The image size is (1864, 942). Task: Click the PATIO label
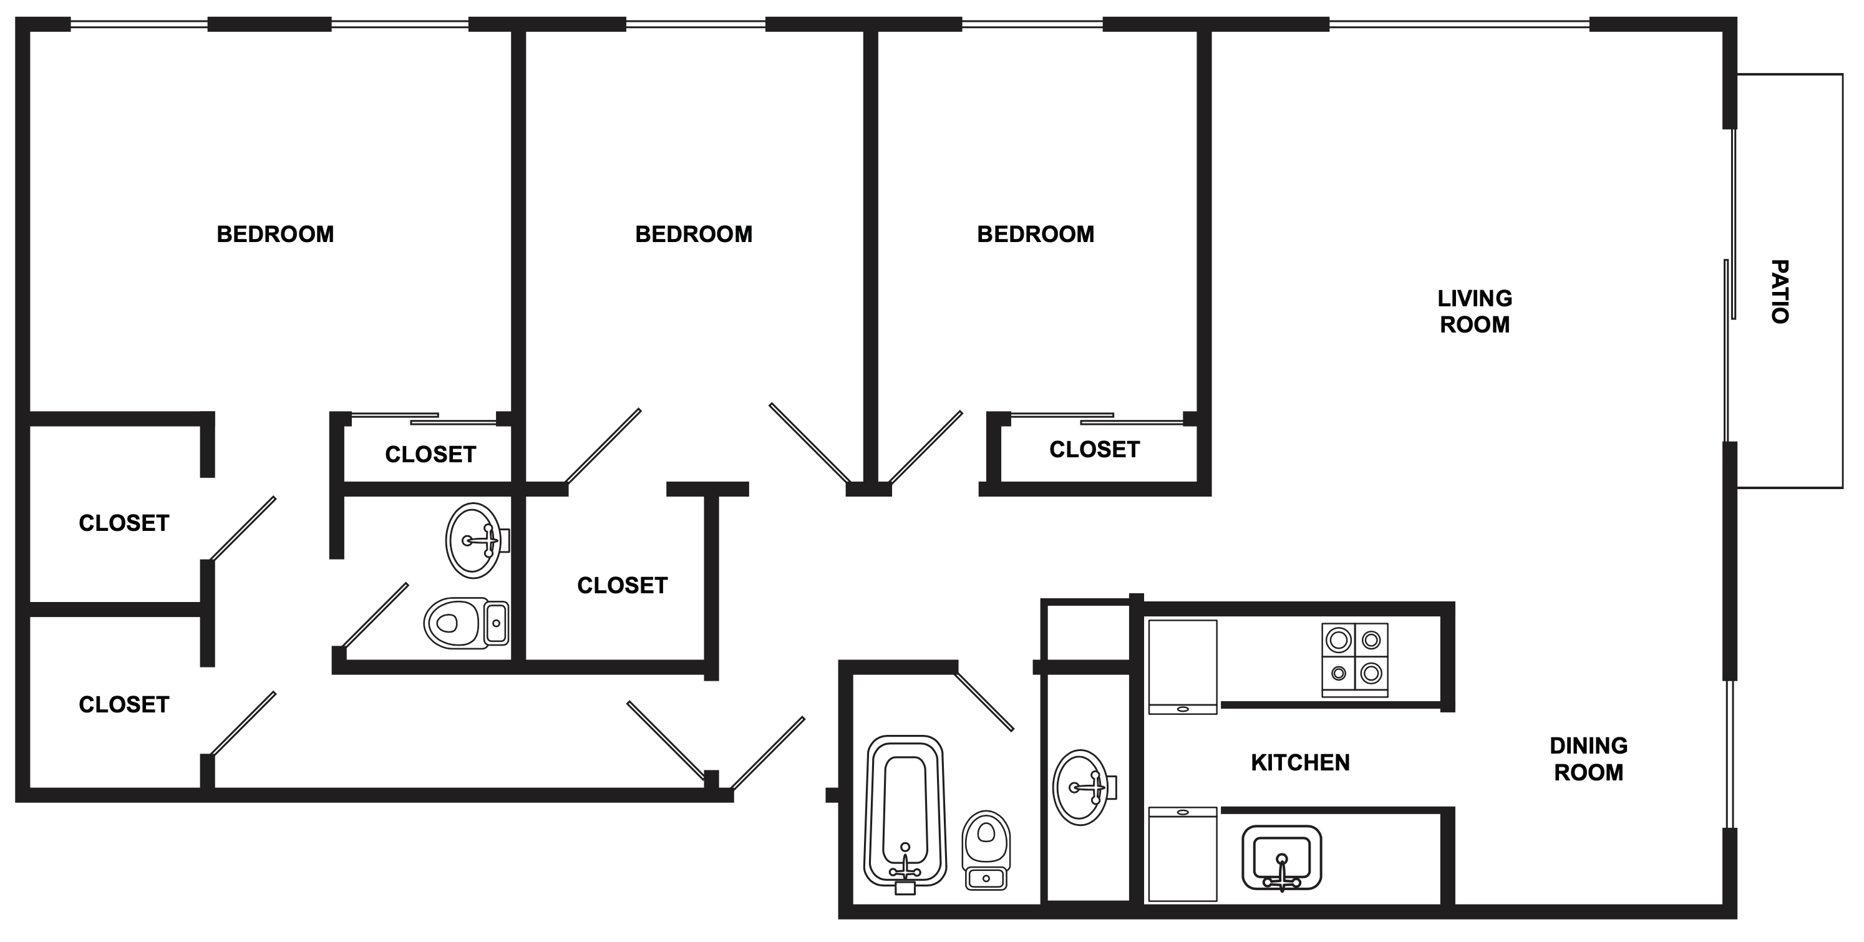(1779, 291)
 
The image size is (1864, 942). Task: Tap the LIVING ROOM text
(1474, 311)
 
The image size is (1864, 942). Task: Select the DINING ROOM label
(1588, 759)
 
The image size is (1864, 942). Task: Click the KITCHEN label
(1299, 762)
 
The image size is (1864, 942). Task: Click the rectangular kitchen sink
(1281, 857)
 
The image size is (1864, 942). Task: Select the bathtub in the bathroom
(905, 810)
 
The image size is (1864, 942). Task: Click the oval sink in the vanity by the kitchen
(1080, 787)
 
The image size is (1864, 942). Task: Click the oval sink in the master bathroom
(474, 540)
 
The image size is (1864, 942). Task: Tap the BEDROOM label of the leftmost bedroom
(275, 235)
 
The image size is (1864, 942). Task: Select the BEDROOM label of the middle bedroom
(693, 235)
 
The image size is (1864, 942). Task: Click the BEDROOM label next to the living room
(1035, 235)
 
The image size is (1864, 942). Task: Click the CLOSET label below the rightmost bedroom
(1094, 449)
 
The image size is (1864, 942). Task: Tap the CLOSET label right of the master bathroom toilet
(621, 585)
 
